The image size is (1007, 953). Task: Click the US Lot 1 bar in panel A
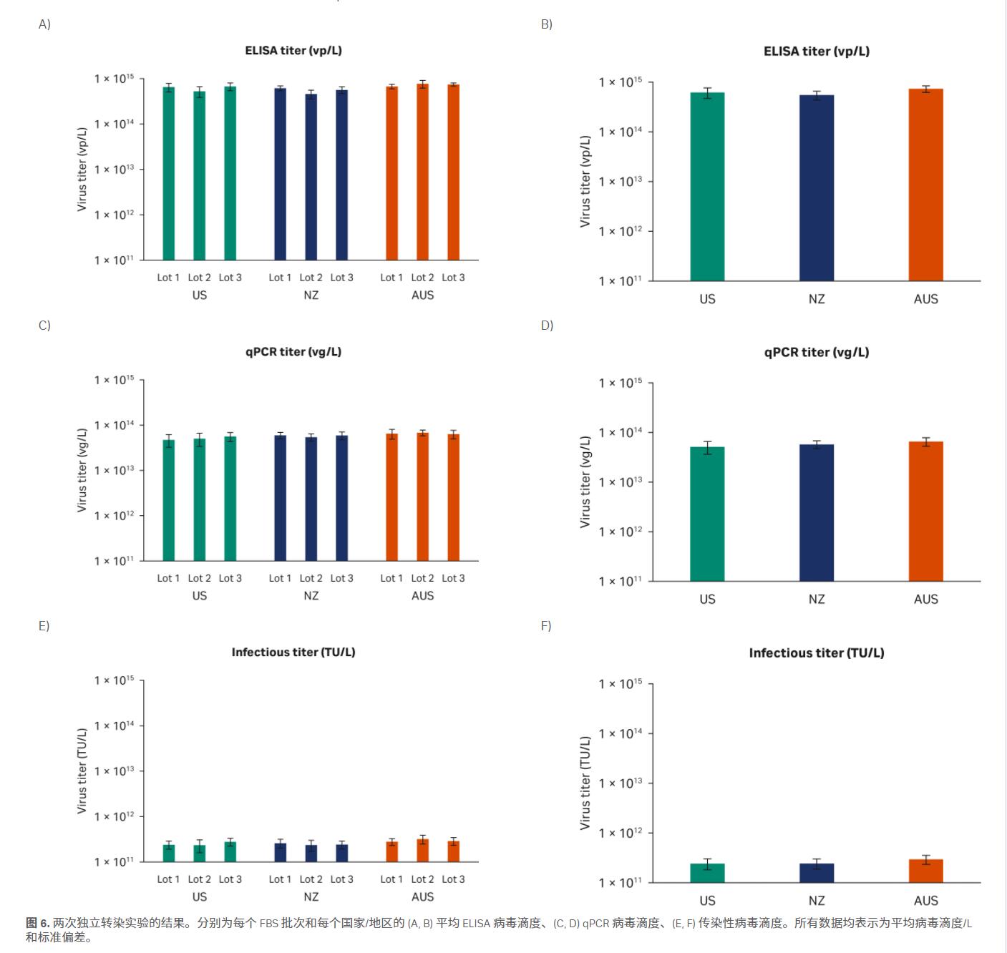(x=169, y=173)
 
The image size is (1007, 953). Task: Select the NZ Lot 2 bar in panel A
(x=311, y=177)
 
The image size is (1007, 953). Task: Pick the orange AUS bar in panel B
(x=925, y=185)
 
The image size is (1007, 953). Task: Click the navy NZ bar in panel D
(x=817, y=512)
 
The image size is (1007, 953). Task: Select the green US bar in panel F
(x=707, y=873)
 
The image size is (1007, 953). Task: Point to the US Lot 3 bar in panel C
(x=230, y=498)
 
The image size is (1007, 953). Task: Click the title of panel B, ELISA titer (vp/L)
(x=817, y=52)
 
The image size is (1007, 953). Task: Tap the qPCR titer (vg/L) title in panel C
(x=293, y=352)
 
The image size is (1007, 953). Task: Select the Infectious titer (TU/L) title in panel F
(x=817, y=653)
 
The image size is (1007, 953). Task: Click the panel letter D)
(x=547, y=326)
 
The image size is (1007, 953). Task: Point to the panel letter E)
(x=44, y=626)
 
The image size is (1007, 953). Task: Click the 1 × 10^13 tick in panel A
(x=115, y=170)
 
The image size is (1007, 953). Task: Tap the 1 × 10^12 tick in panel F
(x=620, y=833)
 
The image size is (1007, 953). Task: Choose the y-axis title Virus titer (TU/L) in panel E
(x=82, y=771)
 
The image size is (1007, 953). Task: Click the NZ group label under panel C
(x=311, y=596)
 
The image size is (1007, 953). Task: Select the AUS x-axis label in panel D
(x=925, y=600)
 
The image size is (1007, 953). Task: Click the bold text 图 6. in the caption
(x=38, y=923)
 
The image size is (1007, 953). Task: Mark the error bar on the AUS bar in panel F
(x=925, y=859)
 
